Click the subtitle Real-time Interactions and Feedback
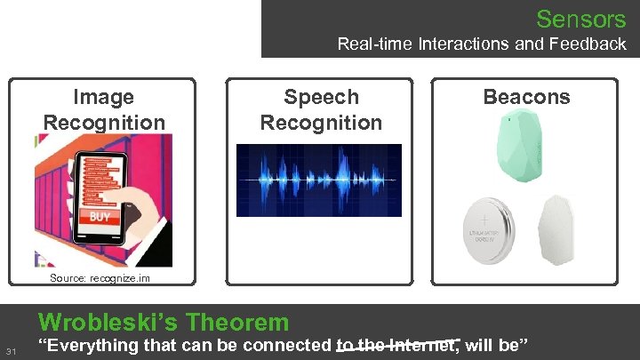coord(481,44)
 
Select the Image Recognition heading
coord(104,109)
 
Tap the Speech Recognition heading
coord(321,109)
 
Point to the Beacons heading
coord(526,97)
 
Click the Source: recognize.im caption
coord(100,278)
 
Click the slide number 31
coord(11,352)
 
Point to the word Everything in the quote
coord(84,346)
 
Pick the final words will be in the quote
coord(499,346)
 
